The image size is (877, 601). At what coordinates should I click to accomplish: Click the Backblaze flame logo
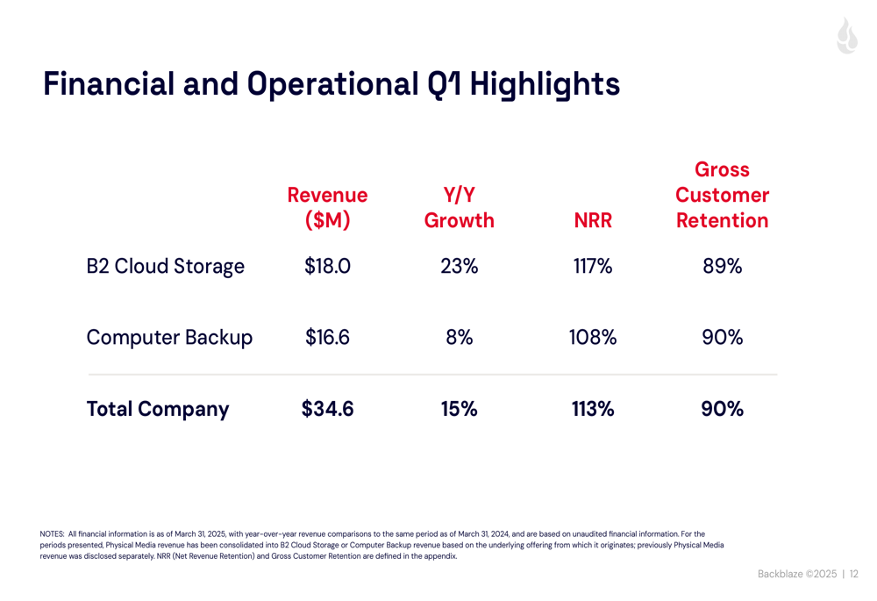click(x=846, y=36)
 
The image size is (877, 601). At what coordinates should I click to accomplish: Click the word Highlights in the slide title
click(x=545, y=84)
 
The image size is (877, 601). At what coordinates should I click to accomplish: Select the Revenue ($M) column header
click(x=327, y=207)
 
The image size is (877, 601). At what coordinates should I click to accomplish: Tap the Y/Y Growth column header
click(x=459, y=207)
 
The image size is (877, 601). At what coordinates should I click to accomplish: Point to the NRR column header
click(x=592, y=221)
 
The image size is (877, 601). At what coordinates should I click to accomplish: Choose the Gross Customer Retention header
click(x=722, y=195)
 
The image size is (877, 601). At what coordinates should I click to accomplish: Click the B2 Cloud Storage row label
click(x=165, y=266)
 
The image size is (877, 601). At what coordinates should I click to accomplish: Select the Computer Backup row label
click(x=169, y=337)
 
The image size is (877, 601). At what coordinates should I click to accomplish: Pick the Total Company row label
click(x=158, y=409)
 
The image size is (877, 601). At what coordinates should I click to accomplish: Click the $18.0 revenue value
click(x=327, y=266)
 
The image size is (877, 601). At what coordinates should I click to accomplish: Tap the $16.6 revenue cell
click(x=327, y=337)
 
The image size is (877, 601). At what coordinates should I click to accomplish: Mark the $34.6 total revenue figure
click(x=327, y=409)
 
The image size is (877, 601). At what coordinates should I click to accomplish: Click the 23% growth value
click(x=459, y=266)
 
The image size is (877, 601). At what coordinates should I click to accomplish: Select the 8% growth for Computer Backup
click(x=459, y=337)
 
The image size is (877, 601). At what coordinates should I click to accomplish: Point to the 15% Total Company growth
click(x=459, y=409)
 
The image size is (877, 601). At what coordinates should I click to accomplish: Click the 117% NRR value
click(x=592, y=266)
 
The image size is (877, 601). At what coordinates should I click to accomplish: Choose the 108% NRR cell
click(x=592, y=337)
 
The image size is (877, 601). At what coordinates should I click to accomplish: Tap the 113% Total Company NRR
click(x=592, y=409)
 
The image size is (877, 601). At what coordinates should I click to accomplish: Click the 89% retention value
click(x=722, y=266)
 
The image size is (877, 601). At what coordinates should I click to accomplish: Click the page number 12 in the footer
click(x=854, y=575)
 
